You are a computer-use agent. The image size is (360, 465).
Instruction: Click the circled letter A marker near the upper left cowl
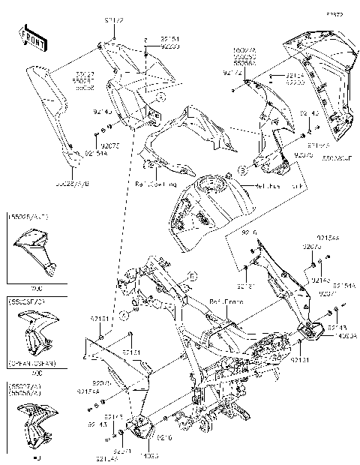click(160, 96)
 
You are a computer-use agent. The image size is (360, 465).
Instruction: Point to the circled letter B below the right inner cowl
click(243, 169)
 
